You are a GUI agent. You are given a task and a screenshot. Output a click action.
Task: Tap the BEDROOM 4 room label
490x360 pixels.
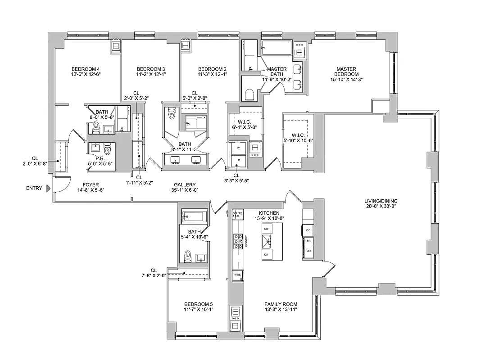[x=86, y=69]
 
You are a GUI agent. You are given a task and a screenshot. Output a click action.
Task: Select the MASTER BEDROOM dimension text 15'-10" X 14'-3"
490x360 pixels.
[x=346, y=79]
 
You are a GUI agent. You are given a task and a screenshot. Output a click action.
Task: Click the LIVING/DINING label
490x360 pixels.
[x=381, y=201]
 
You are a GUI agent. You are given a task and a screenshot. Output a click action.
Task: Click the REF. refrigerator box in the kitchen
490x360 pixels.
[x=309, y=251]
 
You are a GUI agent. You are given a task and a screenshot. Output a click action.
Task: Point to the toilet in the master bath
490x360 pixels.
[x=249, y=94]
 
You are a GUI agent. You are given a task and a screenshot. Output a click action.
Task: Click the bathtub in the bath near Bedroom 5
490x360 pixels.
[x=194, y=216]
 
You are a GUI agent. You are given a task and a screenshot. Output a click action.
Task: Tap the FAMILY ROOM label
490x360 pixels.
[x=281, y=304]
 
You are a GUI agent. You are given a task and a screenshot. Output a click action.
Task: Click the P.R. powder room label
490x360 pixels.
[x=100, y=158]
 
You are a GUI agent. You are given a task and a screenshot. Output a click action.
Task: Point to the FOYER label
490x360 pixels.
[x=91, y=184]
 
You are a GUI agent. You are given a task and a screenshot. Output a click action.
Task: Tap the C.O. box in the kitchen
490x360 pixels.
[x=309, y=230]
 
